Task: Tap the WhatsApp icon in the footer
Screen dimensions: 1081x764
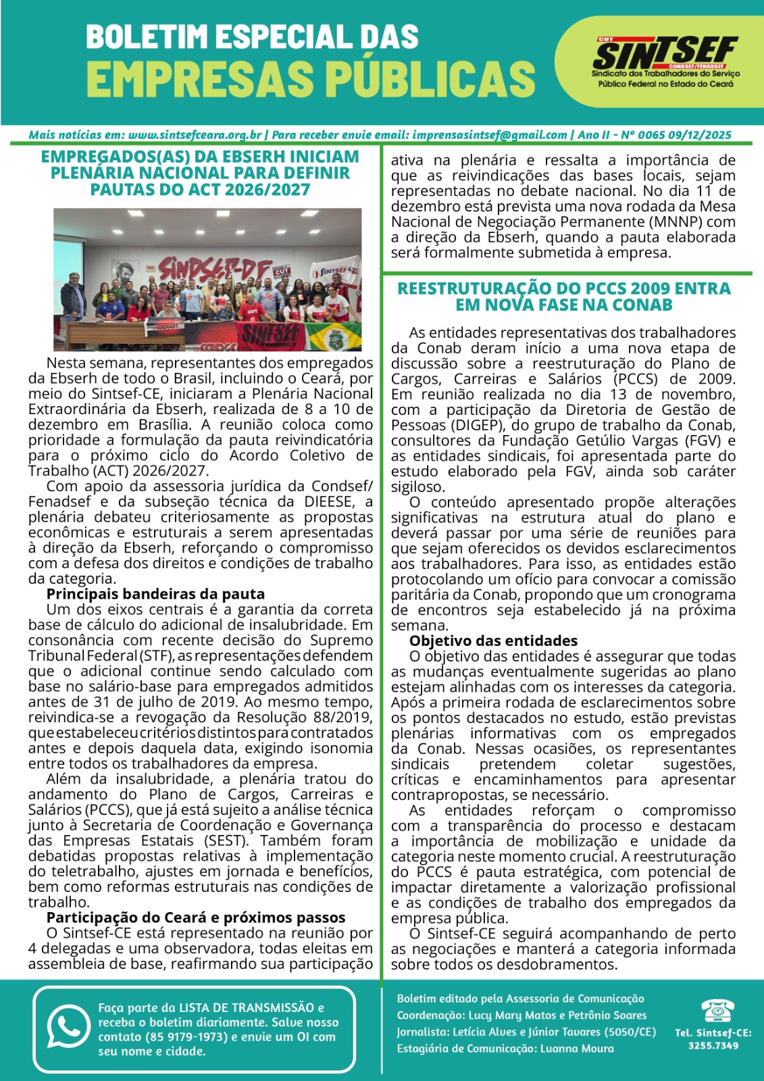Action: tap(67, 1028)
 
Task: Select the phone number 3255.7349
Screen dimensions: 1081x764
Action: tap(713, 1046)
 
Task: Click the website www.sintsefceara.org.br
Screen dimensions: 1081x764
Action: tap(195, 134)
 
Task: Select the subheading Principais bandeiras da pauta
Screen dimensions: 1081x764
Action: tap(155, 594)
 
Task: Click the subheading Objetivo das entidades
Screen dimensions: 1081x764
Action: tap(493, 640)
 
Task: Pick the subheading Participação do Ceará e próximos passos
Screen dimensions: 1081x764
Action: tap(196, 917)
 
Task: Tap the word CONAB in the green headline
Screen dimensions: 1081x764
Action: tap(642, 305)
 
